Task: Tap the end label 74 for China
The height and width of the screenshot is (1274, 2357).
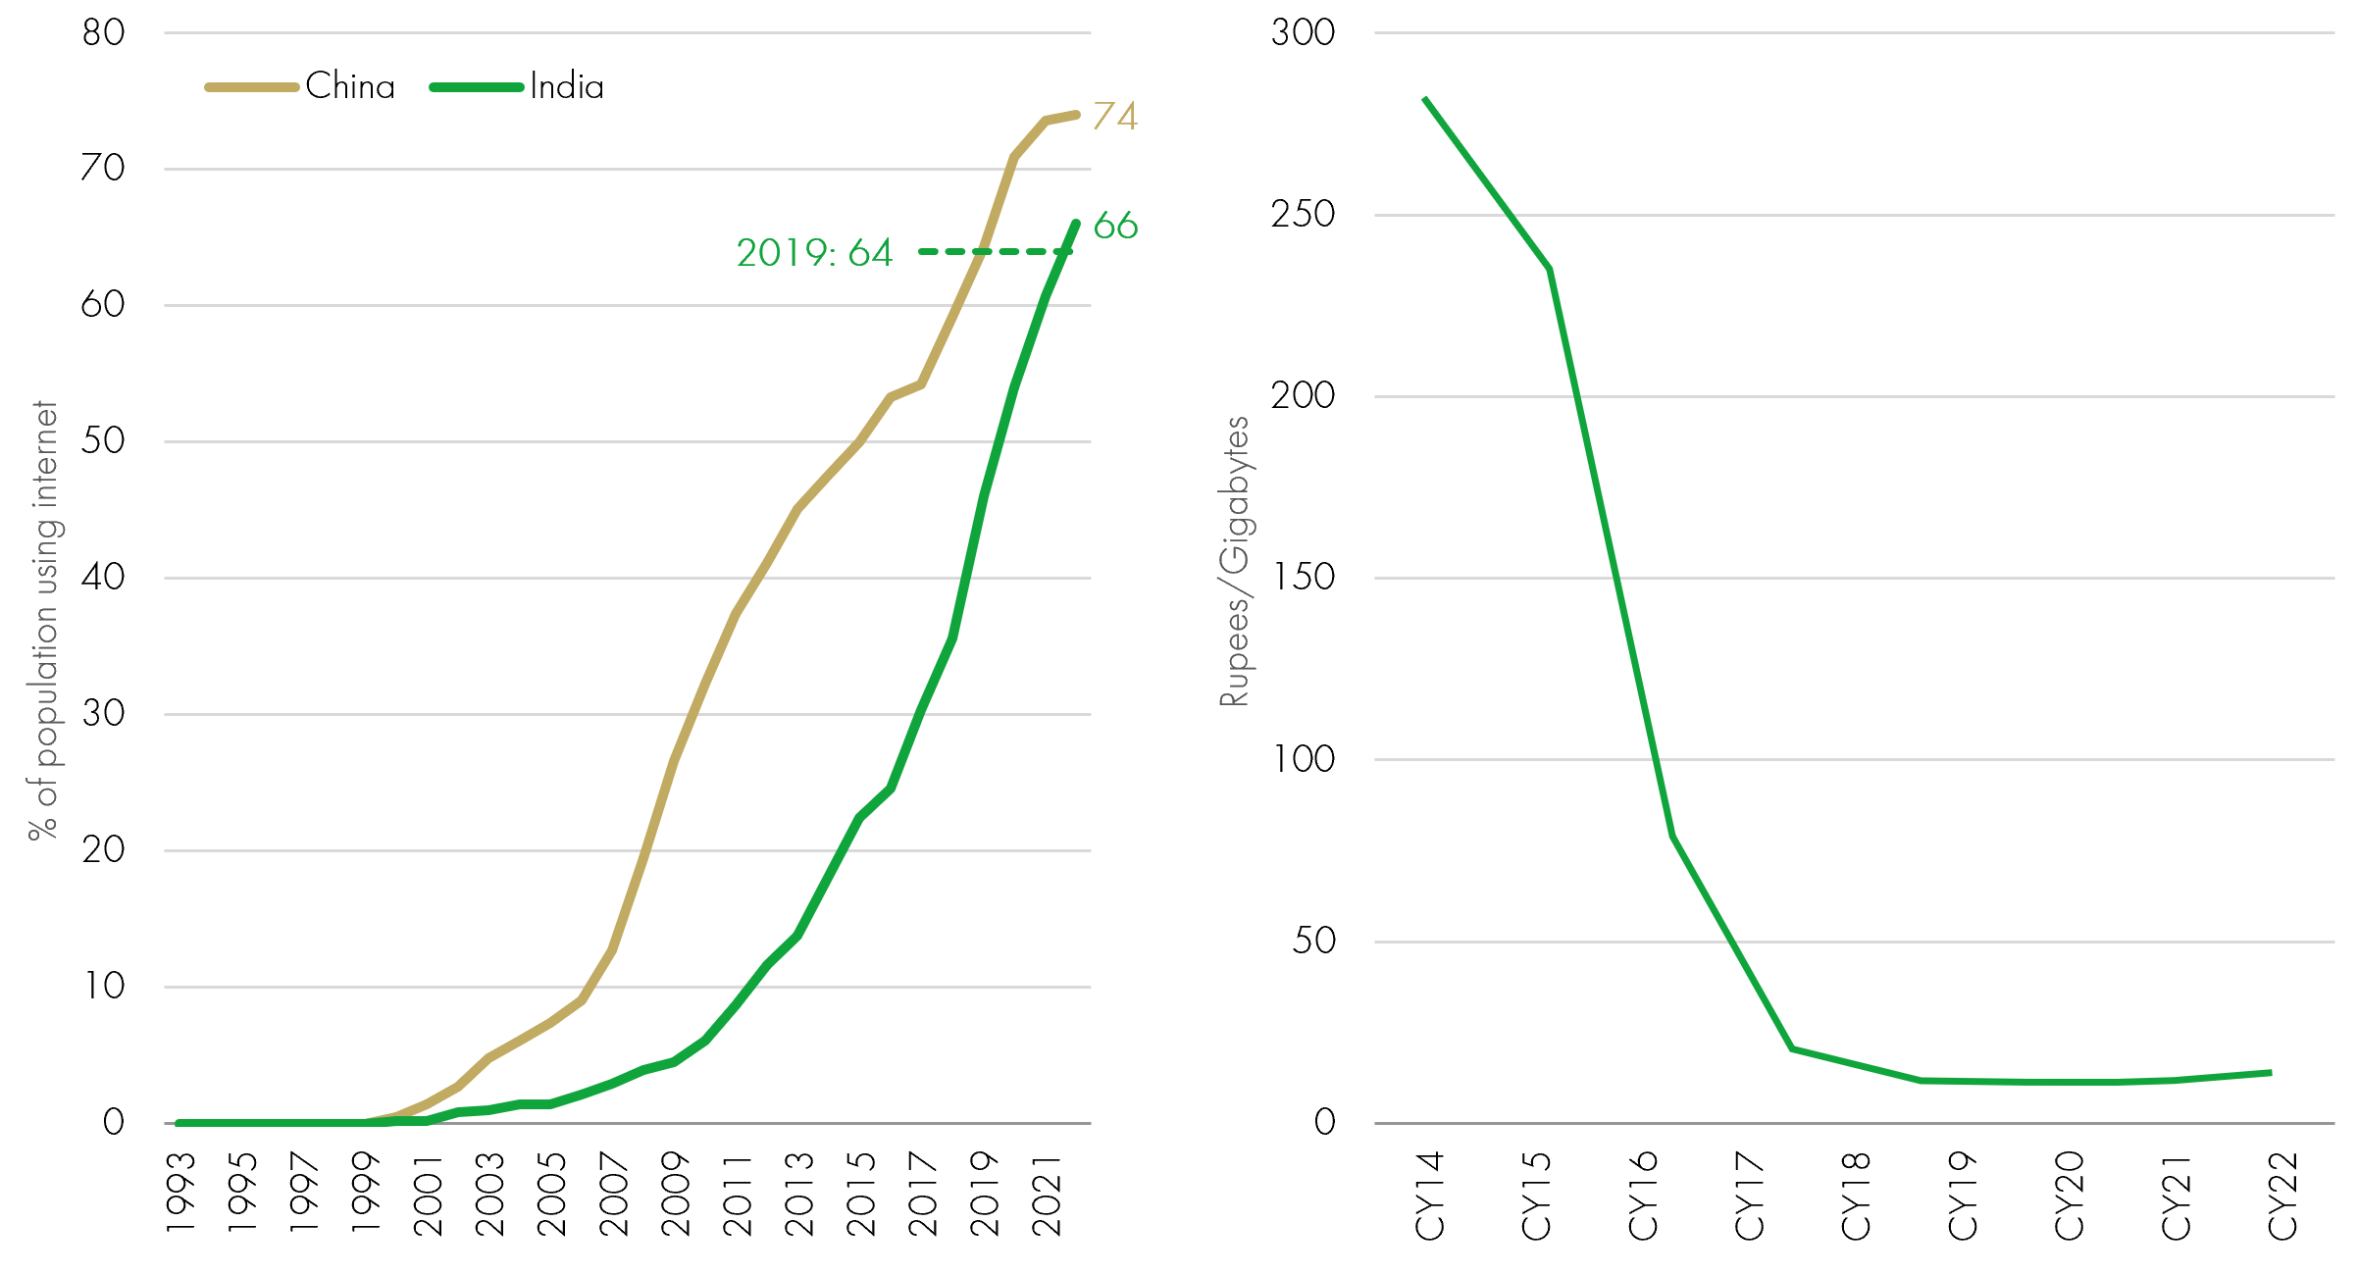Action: click(x=1115, y=116)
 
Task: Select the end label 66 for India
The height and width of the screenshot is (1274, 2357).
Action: click(x=1115, y=226)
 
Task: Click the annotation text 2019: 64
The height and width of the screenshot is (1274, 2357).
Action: click(x=814, y=253)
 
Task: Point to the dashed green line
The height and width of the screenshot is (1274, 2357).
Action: click(x=993, y=252)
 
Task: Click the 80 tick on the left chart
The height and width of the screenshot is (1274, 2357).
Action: click(x=103, y=32)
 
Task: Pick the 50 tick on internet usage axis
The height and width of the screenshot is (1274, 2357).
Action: click(x=103, y=440)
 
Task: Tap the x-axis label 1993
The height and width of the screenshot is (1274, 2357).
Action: click(x=181, y=1194)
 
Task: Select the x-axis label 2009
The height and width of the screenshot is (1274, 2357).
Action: click(x=676, y=1194)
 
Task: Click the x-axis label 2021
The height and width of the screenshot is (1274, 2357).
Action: click(x=1047, y=1194)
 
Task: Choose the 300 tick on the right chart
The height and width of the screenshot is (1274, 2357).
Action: click(x=1303, y=32)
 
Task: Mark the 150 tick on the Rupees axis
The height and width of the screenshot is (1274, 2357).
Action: click(x=1303, y=577)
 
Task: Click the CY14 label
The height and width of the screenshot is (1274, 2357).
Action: click(x=1429, y=1196)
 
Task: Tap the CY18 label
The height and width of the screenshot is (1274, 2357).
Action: click(x=1855, y=1196)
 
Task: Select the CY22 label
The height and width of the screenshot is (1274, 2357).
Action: click(x=2281, y=1196)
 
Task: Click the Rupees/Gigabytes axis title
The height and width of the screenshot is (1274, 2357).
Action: click(x=1234, y=561)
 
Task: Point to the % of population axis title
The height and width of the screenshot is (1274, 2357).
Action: click(x=43, y=620)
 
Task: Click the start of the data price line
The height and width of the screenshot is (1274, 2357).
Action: click(x=1425, y=99)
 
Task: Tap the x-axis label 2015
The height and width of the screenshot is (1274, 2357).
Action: click(x=861, y=1194)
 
